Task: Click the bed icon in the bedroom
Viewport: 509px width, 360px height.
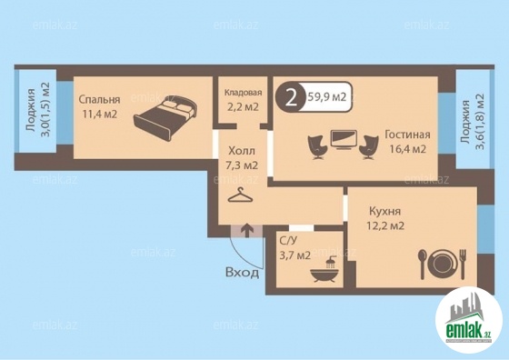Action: pos(165,118)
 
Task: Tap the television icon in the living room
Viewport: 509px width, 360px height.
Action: pos(344,140)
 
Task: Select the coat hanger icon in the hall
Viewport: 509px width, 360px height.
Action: pos(240,195)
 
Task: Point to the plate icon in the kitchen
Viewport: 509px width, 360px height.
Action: pos(443,262)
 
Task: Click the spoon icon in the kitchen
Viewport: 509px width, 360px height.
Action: pos(422,265)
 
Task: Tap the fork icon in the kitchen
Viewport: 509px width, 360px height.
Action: pos(463,264)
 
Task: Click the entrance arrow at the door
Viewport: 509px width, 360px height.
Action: pos(247,230)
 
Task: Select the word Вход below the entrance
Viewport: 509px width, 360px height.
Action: pos(242,273)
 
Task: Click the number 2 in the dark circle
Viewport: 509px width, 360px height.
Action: pos(291,97)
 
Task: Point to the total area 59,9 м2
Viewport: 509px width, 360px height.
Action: pos(326,97)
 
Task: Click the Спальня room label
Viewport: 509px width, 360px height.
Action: pos(99,100)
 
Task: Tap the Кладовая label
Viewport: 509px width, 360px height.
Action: pos(244,93)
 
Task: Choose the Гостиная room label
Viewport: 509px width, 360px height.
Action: pos(407,135)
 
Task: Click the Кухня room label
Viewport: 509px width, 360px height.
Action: pos(385,211)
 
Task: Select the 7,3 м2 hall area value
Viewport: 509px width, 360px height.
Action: pos(242,165)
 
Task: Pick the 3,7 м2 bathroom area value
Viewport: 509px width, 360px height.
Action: pos(295,255)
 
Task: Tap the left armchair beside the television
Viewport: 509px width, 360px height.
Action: pos(316,147)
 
